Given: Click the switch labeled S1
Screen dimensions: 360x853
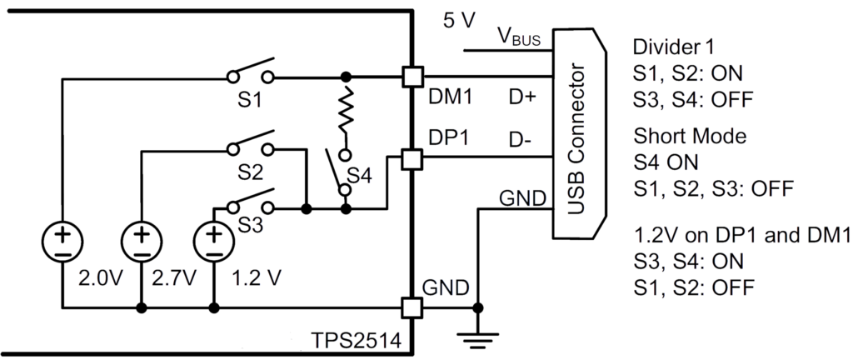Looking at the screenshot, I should click(251, 73).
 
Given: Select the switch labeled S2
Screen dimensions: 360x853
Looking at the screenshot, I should click(251, 145).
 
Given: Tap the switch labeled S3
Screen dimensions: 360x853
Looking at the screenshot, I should click(250, 203).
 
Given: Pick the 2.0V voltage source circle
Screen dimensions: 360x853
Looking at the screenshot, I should click(64, 242).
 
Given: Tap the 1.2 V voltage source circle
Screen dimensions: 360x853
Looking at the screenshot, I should click(213, 242).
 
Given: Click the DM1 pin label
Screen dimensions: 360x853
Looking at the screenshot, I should click(449, 98).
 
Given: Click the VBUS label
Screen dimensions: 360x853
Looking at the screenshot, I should click(519, 37).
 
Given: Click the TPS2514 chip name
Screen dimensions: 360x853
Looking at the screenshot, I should click(355, 342).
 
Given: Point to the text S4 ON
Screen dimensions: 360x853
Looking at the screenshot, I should click(664, 162).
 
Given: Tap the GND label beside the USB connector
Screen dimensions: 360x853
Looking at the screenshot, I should click(522, 198).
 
